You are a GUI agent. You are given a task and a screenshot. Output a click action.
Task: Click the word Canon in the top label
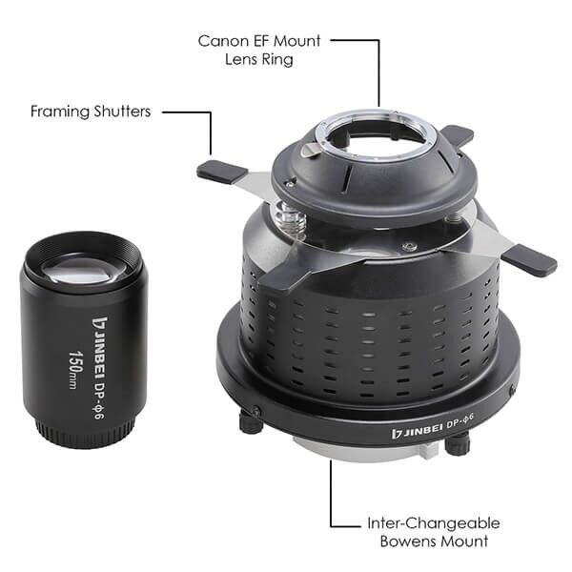pyautogui.click(x=223, y=41)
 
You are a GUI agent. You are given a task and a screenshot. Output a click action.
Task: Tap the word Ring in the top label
pyautogui.click(x=278, y=59)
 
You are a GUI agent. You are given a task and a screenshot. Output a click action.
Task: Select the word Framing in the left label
pyautogui.click(x=60, y=112)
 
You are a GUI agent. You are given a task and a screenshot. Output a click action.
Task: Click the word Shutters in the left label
pyautogui.click(x=122, y=112)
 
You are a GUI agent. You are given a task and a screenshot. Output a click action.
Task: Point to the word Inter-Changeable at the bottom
pyautogui.click(x=434, y=523)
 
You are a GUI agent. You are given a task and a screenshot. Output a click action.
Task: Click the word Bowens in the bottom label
pyautogui.click(x=406, y=541)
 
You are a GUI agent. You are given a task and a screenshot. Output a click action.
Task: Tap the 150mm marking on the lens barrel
pyautogui.click(x=74, y=370)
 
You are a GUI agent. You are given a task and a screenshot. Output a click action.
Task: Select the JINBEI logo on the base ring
pyautogui.click(x=417, y=431)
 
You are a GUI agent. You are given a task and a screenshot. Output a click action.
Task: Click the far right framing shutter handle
pyautogui.click(x=530, y=260)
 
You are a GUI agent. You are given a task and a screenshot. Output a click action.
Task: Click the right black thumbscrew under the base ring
pyautogui.click(x=458, y=443)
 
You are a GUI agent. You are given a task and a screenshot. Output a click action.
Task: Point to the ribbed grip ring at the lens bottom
pyautogui.click(x=85, y=433)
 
